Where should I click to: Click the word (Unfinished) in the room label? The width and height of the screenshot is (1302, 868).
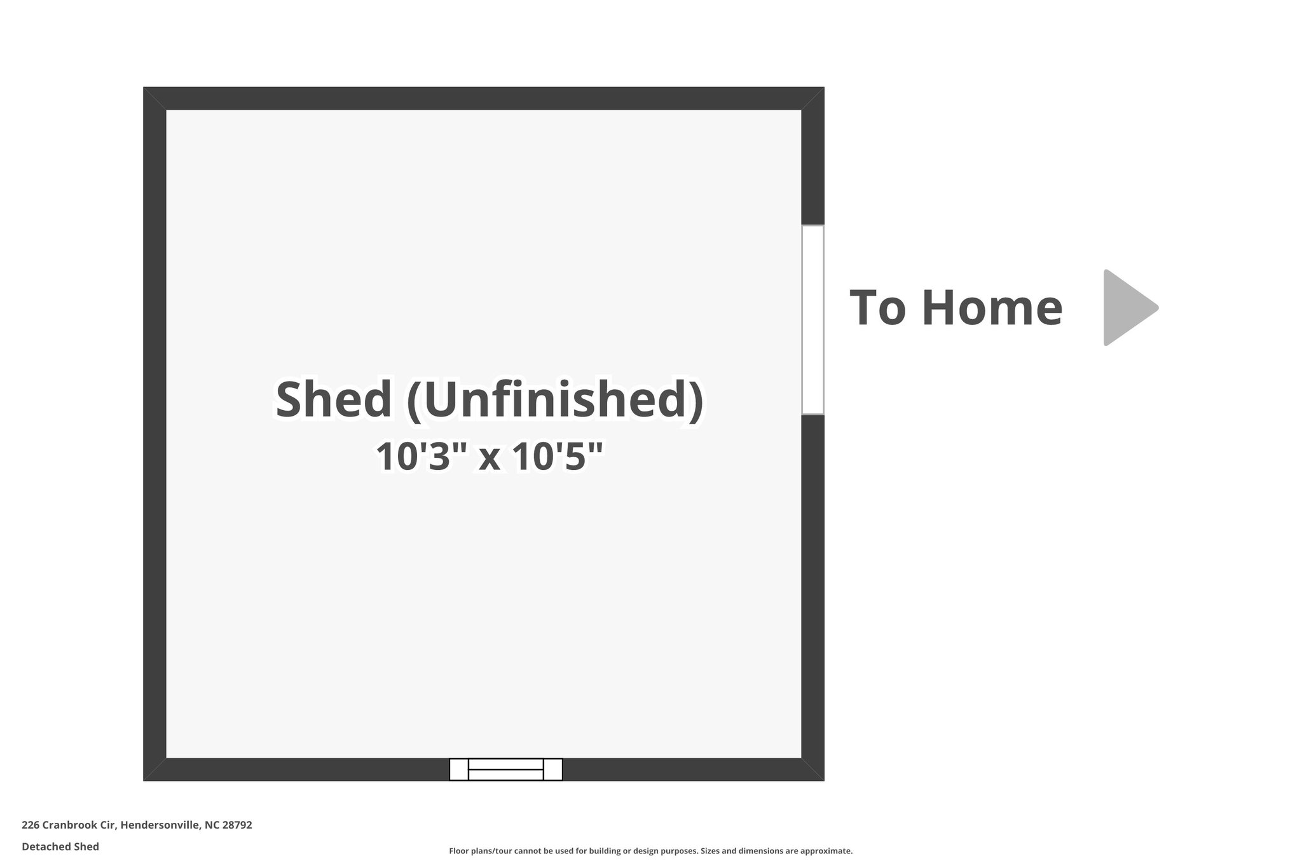point(554,401)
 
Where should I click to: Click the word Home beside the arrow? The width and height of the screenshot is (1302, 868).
point(992,308)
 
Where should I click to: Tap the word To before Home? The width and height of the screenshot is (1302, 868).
point(877,308)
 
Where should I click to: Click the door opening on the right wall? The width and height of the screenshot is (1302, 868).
point(812,320)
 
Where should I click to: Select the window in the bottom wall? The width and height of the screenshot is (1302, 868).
point(505,769)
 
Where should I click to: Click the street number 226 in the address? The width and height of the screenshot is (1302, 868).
point(31,825)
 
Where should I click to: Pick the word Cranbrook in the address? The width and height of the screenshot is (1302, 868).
point(70,825)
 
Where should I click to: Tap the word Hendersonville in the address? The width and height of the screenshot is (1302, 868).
point(160,825)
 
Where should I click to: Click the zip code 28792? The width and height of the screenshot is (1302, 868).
point(237,825)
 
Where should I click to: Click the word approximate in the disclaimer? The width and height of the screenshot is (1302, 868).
point(826,851)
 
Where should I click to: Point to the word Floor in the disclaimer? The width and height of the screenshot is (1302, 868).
point(458,851)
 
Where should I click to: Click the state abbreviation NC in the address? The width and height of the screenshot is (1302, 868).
point(212,825)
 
